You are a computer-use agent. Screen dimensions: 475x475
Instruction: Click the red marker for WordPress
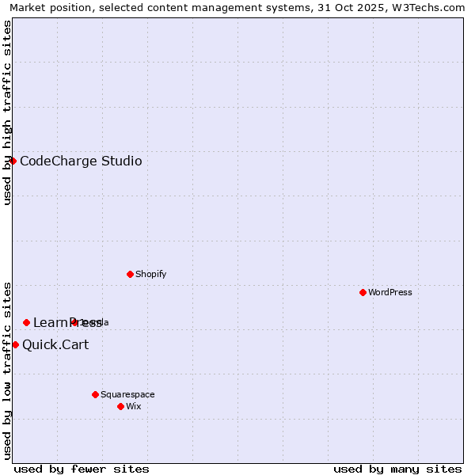coord(363,292)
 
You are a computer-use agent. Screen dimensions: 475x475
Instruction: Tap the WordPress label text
coord(390,292)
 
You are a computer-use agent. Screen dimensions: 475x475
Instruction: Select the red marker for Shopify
coord(130,274)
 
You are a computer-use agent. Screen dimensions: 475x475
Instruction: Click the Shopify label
coord(150,274)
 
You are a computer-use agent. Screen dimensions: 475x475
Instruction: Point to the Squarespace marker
coord(95,394)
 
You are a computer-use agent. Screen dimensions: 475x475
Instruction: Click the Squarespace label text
coord(127,394)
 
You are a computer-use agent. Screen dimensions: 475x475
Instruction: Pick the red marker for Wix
coord(120,406)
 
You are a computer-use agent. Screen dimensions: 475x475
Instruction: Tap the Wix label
coord(134,406)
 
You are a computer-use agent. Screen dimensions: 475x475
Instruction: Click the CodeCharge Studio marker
coord(13,161)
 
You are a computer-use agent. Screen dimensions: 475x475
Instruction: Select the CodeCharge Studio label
coord(81,161)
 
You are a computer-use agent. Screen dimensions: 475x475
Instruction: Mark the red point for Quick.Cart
coord(15,344)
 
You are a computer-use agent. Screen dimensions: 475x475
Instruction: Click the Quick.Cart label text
coord(55,344)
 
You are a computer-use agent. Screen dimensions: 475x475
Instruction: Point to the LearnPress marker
coord(26,322)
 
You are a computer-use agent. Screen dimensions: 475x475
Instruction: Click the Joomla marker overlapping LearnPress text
coord(74,322)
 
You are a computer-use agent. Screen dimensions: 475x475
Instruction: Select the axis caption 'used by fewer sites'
coord(82,469)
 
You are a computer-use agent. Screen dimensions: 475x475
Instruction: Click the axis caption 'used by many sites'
coord(397,469)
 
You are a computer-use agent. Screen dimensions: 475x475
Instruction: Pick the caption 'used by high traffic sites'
coord(7,112)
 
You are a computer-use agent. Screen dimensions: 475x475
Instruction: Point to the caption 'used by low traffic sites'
coord(7,370)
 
